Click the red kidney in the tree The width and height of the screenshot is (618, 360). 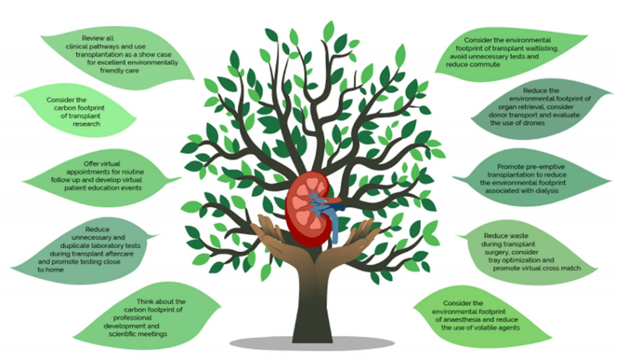(x=302, y=204)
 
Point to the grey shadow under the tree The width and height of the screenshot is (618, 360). (x=312, y=343)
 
